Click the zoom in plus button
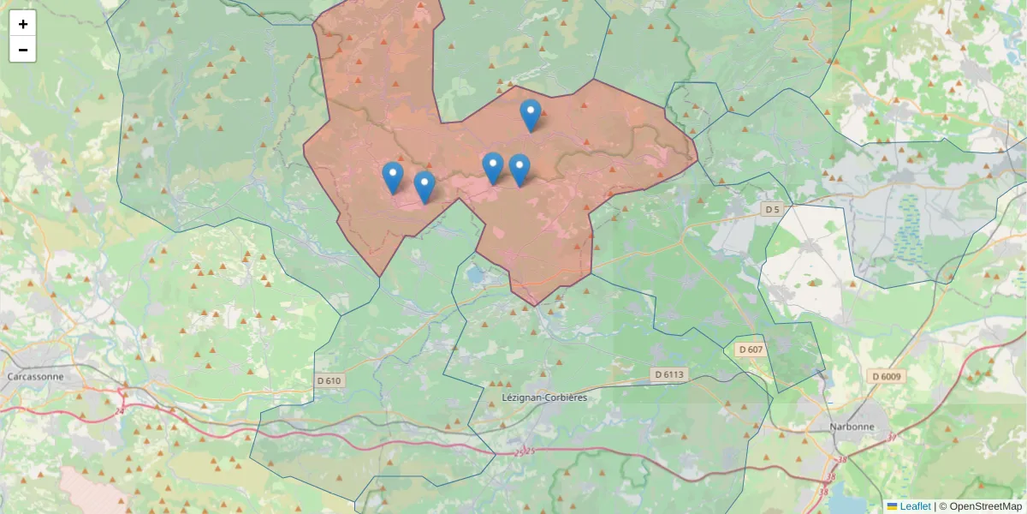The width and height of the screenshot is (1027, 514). (x=23, y=24)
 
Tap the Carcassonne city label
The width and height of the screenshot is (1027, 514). (x=35, y=376)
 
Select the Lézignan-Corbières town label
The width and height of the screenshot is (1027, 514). (x=545, y=397)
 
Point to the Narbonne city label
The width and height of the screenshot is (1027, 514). (x=852, y=427)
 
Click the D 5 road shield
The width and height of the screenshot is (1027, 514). (x=773, y=209)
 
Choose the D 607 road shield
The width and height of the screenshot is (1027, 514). (x=750, y=349)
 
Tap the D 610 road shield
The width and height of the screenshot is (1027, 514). (x=329, y=380)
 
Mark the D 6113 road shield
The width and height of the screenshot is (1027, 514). (x=669, y=374)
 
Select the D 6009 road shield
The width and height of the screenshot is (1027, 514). (x=887, y=376)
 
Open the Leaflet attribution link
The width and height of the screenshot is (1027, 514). (x=915, y=506)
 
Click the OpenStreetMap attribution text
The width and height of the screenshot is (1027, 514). (x=985, y=506)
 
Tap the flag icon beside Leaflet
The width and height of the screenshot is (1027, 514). (x=893, y=506)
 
